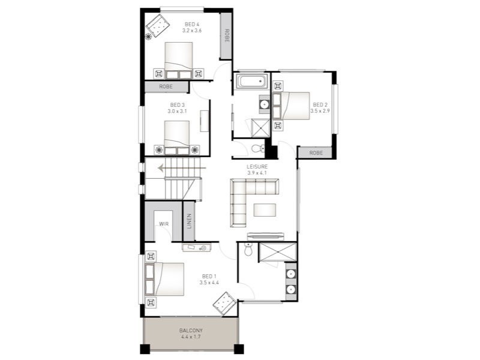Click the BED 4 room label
[x=192, y=24]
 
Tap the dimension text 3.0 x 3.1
[x=177, y=112]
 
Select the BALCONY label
[x=191, y=331]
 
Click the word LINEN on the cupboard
[x=189, y=221]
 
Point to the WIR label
[x=164, y=224]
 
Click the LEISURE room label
[x=257, y=167]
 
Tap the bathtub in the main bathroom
[x=252, y=82]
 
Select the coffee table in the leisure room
[x=265, y=210]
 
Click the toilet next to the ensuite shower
[x=248, y=249]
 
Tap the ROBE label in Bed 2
[x=316, y=152]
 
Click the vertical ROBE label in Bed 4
[x=227, y=35]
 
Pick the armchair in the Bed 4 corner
[x=157, y=26]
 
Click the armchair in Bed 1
[x=225, y=304]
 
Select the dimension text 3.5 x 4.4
[x=209, y=283]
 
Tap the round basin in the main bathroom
[x=264, y=104]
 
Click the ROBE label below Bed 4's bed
[x=166, y=86]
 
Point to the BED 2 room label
[x=320, y=104]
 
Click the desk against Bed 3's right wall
[x=205, y=121]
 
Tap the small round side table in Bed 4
[x=148, y=37]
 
